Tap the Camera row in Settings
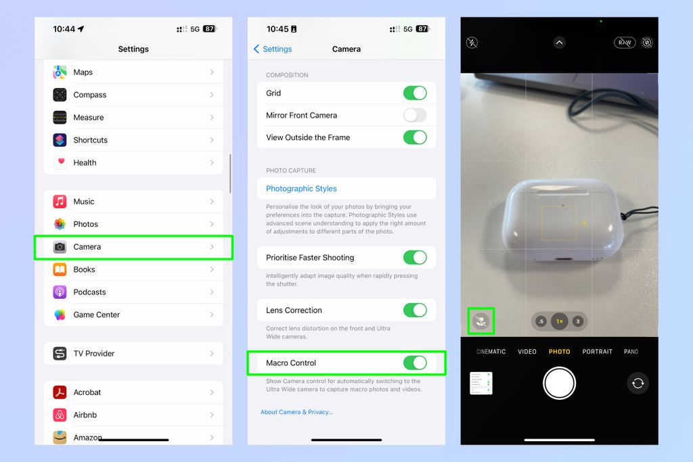(x=133, y=247)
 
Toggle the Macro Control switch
(x=415, y=363)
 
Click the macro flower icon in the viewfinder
(x=481, y=321)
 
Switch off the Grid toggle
(x=415, y=93)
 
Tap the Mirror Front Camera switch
(x=415, y=115)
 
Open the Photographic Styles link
(x=301, y=189)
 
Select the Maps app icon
(x=60, y=72)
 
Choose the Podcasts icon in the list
(x=60, y=292)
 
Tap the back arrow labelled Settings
(x=273, y=49)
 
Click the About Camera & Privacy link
(x=296, y=412)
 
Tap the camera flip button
(x=638, y=384)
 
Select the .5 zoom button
(x=541, y=321)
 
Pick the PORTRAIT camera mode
(x=597, y=352)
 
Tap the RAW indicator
(x=625, y=43)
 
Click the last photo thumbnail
(x=481, y=384)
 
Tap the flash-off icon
(x=472, y=43)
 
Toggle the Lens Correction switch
(x=415, y=310)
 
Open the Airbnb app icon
(x=60, y=415)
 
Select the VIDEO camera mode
(x=527, y=352)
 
